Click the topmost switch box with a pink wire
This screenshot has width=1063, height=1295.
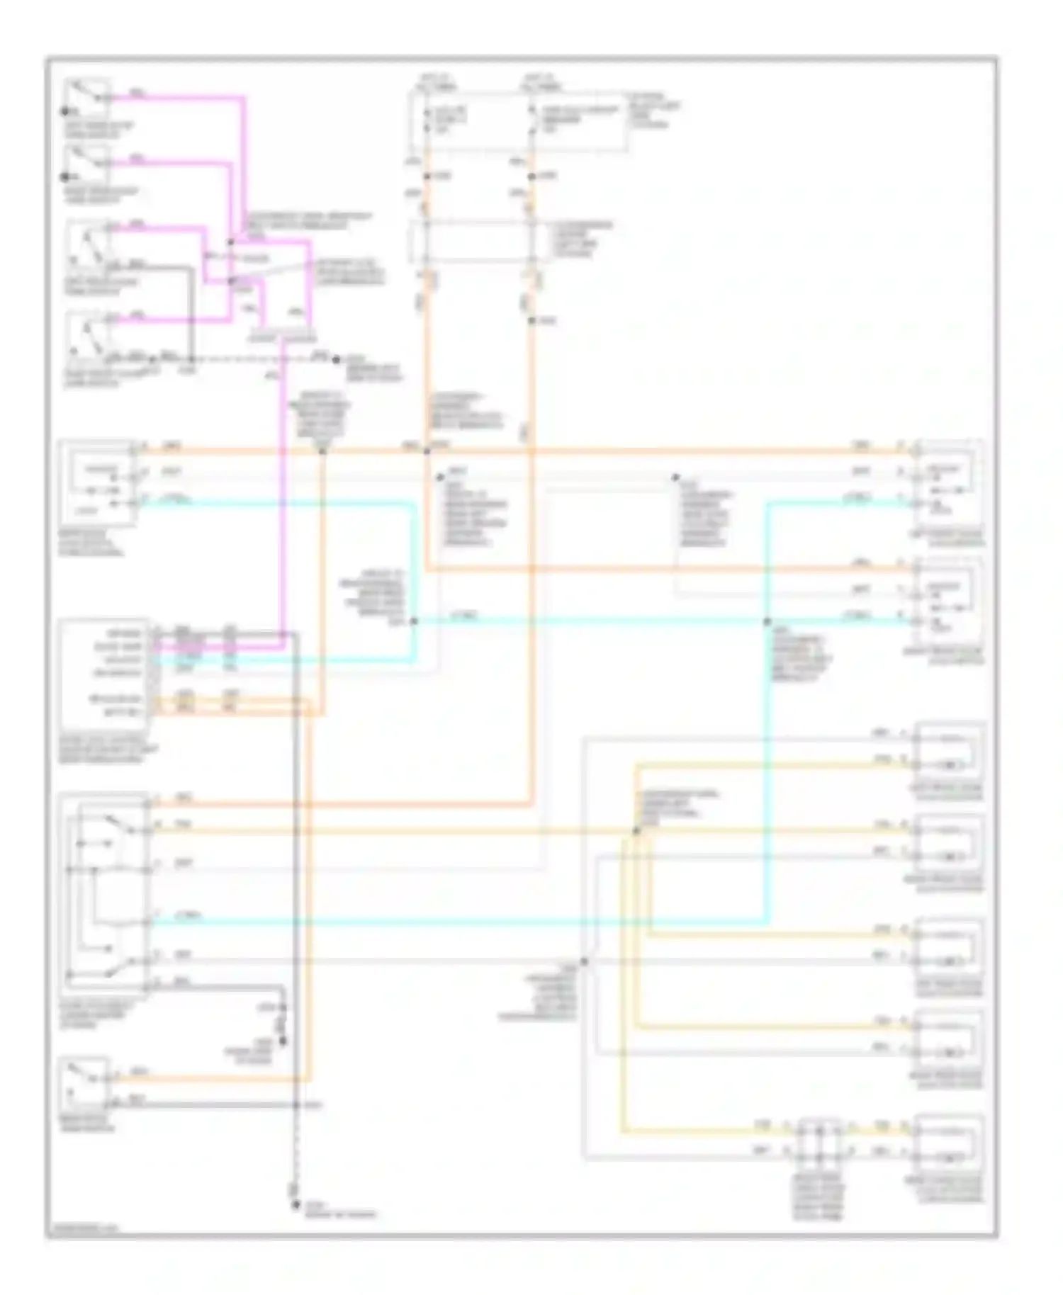click(87, 98)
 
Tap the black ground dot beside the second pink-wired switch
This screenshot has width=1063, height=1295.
click(64, 176)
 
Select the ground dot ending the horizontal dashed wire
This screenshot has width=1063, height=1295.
click(336, 360)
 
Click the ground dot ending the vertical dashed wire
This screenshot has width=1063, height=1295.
click(296, 1204)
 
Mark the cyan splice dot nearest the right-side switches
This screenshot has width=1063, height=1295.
click(767, 621)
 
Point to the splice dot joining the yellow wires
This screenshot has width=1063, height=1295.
click(636, 830)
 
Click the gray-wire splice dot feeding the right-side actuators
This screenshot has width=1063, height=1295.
click(584, 961)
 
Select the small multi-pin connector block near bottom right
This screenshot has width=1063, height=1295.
click(819, 1141)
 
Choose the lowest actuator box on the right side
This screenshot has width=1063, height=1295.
click(948, 1141)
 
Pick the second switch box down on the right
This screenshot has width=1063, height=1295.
click(948, 599)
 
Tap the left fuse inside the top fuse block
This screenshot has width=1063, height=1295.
click(427, 120)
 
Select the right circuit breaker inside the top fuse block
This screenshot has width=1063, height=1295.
click(531, 120)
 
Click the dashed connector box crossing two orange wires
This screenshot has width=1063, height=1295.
click(479, 241)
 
